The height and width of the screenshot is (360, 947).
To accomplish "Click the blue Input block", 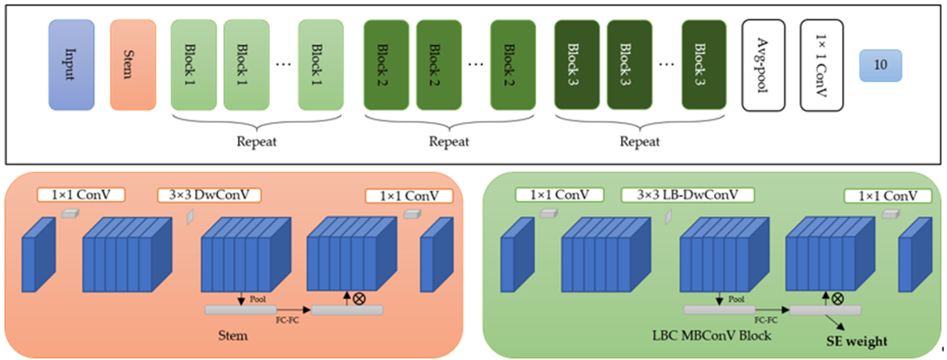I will tap(71, 65).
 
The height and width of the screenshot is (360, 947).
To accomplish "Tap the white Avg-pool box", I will tap(763, 65).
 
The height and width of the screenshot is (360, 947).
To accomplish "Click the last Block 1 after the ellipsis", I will tap(320, 65).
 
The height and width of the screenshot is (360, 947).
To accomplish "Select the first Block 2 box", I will tap(386, 65).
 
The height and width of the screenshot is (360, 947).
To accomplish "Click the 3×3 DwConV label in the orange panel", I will tap(209, 195).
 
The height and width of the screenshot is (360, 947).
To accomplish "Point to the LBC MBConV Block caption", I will tap(711, 335).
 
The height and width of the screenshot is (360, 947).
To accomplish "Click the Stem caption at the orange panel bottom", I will tap(233, 335).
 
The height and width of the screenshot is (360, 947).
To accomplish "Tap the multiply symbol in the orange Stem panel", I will tap(359, 298).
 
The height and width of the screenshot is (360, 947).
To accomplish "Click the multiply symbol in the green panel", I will tap(837, 298).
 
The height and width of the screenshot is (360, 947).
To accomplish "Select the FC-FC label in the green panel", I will tap(766, 320).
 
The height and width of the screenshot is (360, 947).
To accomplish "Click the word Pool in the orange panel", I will tap(257, 299).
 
